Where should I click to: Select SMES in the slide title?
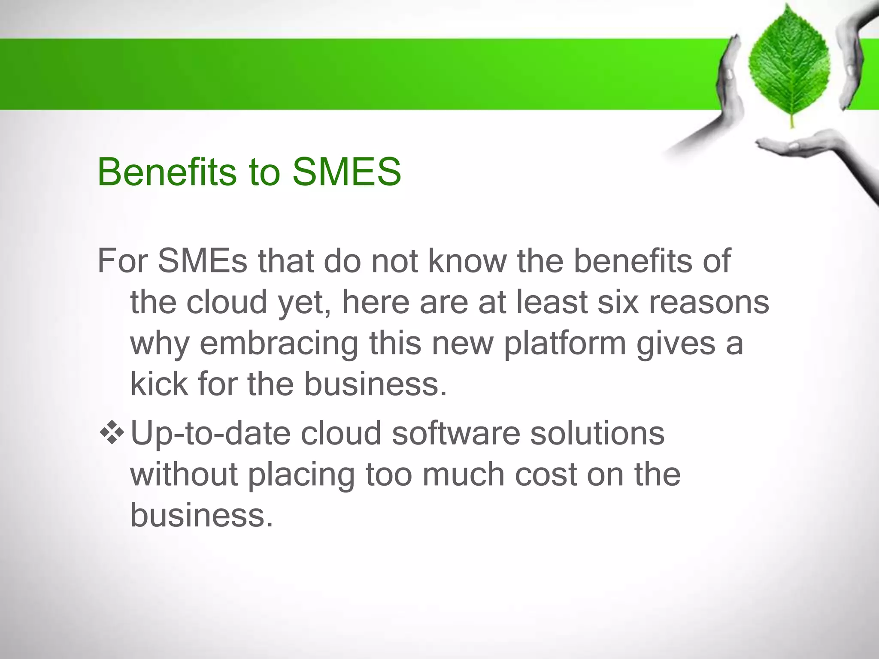pyautogui.click(x=347, y=172)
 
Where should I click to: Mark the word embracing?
pyautogui.click(x=279, y=343)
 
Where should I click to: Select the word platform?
pyautogui.click(x=565, y=344)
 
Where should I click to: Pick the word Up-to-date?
pyautogui.click(x=210, y=433)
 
